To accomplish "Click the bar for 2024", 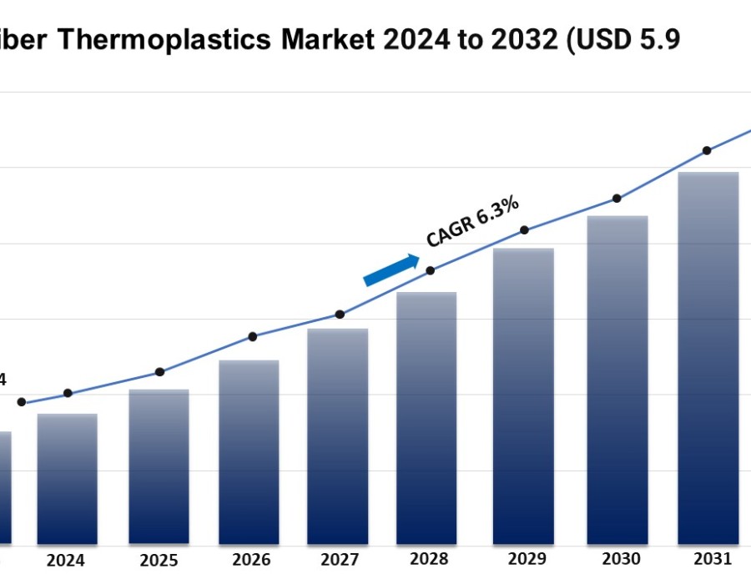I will tap(68, 479).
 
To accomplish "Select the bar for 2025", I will tap(159, 467).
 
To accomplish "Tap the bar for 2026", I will tap(249, 452).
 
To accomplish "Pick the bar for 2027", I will tap(338, 436).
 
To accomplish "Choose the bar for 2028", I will tap(426, 418).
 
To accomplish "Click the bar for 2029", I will tap(523, 396).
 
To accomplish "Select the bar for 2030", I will tap(617, 380).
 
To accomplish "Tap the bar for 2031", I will tap(708, 359).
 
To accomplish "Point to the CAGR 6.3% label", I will tap(473, 221).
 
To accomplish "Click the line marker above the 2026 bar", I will tap(253, 336).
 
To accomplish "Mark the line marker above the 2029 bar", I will tap(524, 230).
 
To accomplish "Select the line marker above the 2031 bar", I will tap(707, 151).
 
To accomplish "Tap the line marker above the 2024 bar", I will tap(68, 393).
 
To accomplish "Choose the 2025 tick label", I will tap(159, 561).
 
